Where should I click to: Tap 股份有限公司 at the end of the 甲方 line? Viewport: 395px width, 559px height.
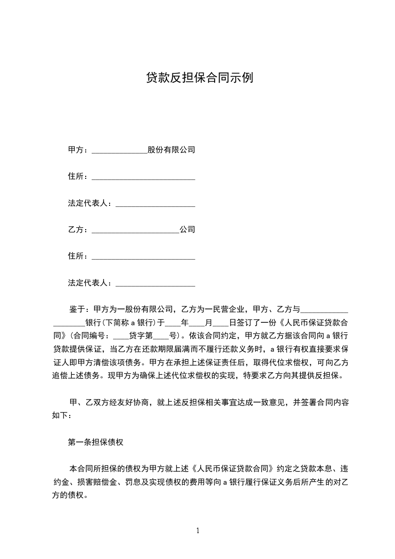click(x=171, y=149)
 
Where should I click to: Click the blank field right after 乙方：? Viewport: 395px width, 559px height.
click(x=135, y=230)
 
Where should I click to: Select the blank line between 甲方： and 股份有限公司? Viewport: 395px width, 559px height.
click(x=120, y=150)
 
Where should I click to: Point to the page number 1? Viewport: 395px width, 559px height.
click(x=198, y=531)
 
